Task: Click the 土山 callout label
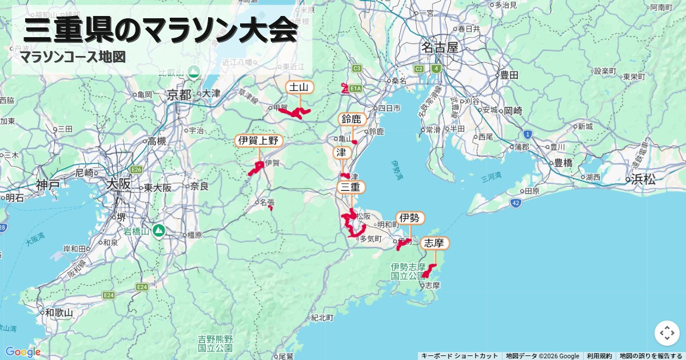click(x=300, y=87)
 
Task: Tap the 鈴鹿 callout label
click(x=352, y=119)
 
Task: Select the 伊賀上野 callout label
click(x=259, y=141)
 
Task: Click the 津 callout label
click(x=341, y=153)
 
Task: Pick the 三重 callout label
click(x=350, y=187)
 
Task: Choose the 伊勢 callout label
click(x=410, y=218)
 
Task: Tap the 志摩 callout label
click(x=434, y=243)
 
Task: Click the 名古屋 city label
click(x=440, y=47)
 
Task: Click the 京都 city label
click(x=179, y=95)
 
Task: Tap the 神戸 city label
click(x=47, y=185)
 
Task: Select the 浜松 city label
click(x=643, y=179)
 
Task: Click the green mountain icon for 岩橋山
click(x=158, y=231)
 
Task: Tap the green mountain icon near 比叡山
click(x=194, y=72)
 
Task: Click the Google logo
click(x=23, y=352)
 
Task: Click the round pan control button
click(x=667, y=333)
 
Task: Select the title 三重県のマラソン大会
click(x=161, y=30)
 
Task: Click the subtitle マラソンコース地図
click(x=73, y=57)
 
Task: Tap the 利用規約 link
click(x=599, y=356)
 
